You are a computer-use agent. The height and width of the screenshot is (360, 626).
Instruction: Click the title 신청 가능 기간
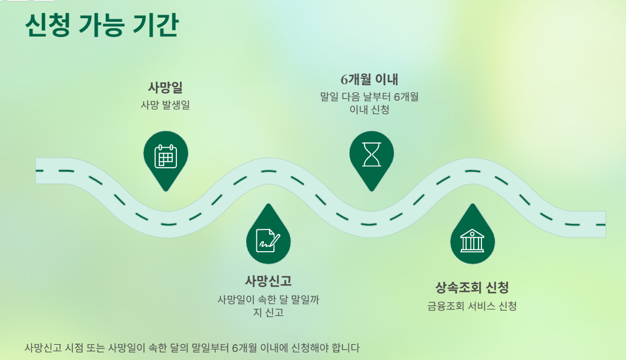point(101,26)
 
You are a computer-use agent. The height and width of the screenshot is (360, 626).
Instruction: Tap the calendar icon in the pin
point(166,157)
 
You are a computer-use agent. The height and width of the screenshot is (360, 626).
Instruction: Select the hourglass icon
point(371,155)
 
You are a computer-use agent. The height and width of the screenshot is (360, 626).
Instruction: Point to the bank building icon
point(472,241)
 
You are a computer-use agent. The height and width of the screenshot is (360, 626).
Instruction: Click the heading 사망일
point(165,88)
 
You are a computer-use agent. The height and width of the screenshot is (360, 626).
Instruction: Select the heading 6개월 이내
point(370,79)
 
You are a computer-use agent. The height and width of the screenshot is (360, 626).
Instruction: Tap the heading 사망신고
point(268,281)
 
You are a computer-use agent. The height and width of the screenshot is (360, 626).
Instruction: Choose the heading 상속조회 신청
point(472,288)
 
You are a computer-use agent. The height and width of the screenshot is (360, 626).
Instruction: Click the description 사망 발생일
point(165,105)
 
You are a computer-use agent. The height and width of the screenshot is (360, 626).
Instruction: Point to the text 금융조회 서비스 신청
point(472,306)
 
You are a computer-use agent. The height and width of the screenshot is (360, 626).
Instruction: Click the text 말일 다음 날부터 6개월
point(370,96)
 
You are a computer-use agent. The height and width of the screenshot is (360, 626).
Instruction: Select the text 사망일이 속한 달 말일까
point(268,299)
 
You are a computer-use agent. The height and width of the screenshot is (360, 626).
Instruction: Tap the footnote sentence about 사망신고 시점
point(192,347)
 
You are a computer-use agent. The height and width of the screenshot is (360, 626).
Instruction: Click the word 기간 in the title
point(155,26)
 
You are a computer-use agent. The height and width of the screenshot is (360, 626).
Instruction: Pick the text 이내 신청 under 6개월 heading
point(370,109)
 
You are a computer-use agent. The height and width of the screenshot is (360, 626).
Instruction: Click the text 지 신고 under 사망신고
point(268,312)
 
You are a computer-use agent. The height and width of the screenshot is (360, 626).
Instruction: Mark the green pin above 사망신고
point(268,234)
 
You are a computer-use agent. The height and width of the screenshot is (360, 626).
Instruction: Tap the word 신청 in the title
point(47,26)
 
